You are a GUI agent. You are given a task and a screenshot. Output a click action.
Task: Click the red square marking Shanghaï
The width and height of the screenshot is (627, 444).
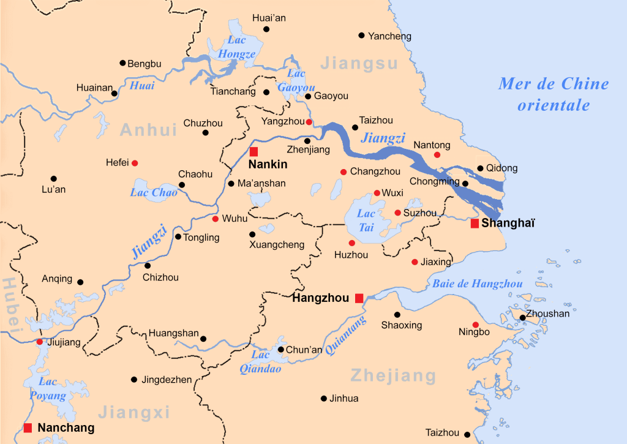pos(475,224)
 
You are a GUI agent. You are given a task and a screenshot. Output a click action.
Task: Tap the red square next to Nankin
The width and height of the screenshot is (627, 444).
pos(253,151)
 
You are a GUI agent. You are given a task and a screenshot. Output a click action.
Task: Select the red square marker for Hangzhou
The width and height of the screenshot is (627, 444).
pos(359,298)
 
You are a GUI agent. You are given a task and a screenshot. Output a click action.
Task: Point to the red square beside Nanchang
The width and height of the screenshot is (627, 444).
pos(28,427)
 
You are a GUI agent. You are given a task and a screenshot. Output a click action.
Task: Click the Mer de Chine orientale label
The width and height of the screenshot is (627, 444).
pos(554,94)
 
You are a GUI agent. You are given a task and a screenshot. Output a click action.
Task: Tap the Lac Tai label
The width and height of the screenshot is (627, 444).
pos(366,220)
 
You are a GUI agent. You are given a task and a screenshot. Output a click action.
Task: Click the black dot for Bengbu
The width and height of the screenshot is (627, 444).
pos(122,63)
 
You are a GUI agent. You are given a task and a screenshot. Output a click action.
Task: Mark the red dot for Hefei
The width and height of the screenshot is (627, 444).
pos(135,163)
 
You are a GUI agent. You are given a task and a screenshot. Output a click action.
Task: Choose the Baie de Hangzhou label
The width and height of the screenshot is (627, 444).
pos(478,284)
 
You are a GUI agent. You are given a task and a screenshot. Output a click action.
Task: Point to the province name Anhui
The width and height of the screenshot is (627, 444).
pos(148,130)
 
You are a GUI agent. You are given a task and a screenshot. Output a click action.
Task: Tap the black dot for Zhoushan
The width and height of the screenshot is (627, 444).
pos(522,317)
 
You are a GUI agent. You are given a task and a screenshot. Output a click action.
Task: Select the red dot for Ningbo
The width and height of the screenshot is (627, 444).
pos(476,325)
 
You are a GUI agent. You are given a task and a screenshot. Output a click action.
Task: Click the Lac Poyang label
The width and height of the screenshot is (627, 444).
pos(48,389)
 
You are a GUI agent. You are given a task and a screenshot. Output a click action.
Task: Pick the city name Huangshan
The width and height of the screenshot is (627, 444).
pos(173,334)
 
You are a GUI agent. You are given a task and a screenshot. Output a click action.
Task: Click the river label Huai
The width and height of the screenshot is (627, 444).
pos(141,86)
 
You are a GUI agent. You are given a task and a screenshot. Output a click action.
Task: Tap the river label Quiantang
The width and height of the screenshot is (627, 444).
pos(346,336)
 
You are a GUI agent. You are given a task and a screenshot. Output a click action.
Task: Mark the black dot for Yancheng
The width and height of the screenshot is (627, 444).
pos(361,36)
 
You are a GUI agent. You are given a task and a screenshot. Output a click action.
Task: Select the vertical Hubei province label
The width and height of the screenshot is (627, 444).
pos(11,306)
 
